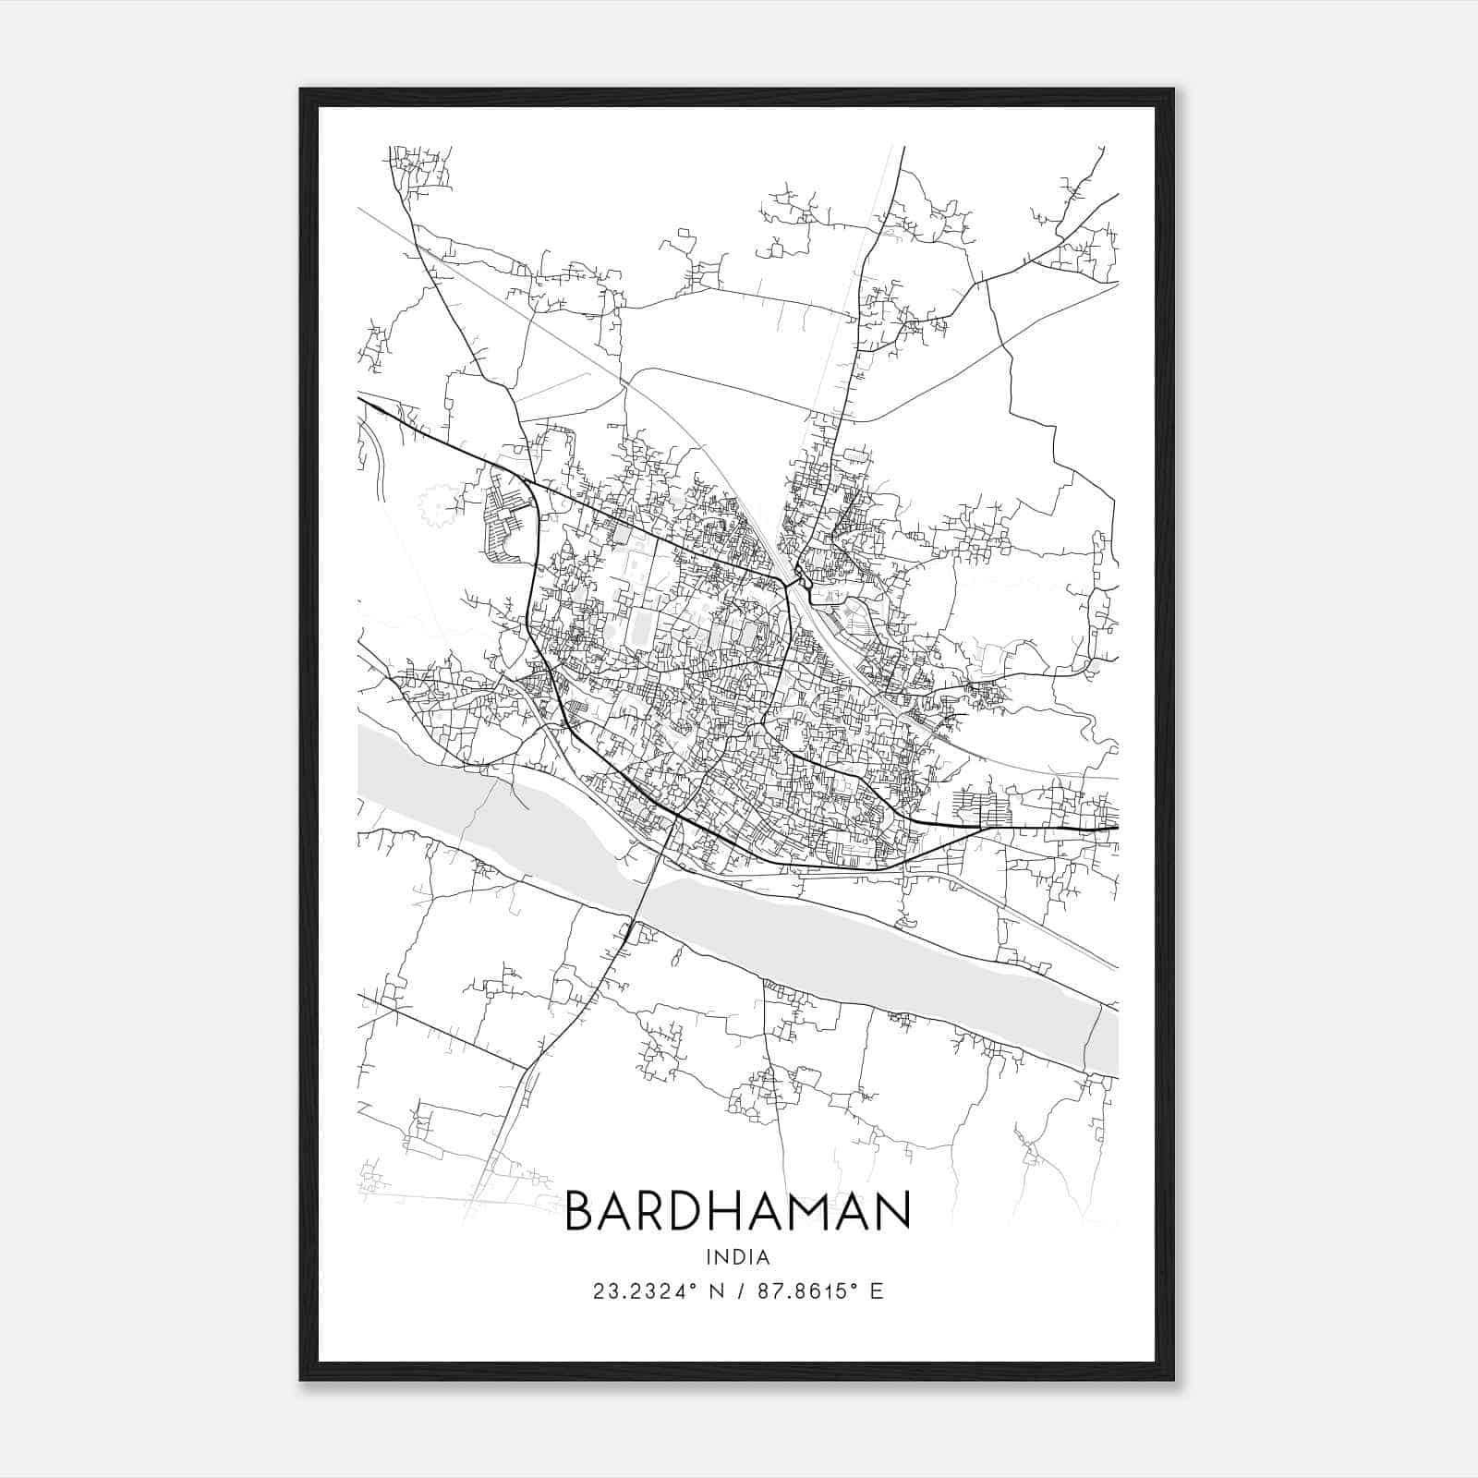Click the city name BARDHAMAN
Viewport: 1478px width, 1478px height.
737,1211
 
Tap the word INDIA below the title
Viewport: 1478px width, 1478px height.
737,1257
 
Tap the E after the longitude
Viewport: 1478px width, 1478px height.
877,1291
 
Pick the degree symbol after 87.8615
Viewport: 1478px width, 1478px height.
854,1286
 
